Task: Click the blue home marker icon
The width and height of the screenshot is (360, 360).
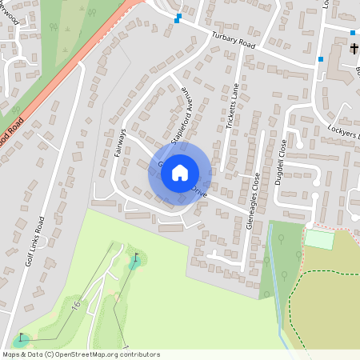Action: (x=180, y=173)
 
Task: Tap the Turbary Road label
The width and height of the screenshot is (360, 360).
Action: (x=232, y=41)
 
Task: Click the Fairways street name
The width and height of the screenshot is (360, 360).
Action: (x=121, y=141)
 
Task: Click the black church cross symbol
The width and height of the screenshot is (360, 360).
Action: (x=354, y=50)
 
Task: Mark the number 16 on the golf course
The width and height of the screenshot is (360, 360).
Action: (x=76, y=306)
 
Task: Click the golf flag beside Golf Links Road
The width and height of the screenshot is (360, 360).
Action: (x=21, y=338)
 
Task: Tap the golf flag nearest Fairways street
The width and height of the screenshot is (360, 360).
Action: (x=135, y=259)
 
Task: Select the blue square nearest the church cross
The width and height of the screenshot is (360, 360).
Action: (x=353, y=33)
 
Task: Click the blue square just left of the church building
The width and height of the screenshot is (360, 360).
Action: (x=321, y=58)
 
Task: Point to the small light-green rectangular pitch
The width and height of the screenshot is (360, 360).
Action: (x=318, y=238)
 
